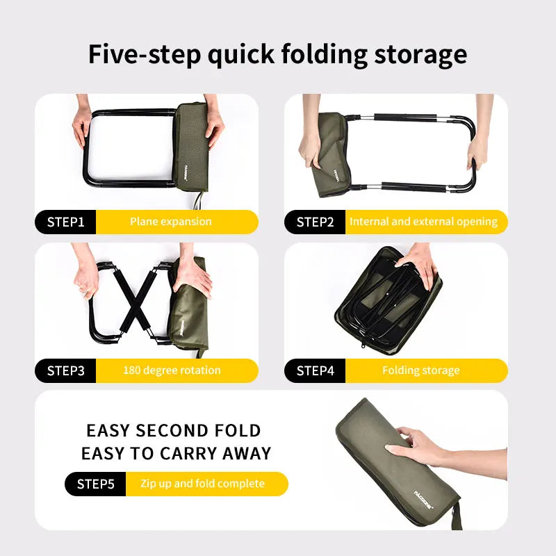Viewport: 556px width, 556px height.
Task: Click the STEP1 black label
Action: point(66,222)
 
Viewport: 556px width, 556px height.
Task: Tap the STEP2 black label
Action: point(316,222)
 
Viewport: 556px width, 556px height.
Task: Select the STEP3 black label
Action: point(66,370)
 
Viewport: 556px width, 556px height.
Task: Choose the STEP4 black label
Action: point(316,370)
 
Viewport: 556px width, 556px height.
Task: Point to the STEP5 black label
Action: point(96,484)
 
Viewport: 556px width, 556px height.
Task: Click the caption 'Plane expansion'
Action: point(171,222)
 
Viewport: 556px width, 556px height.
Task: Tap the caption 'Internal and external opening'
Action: point(423,222)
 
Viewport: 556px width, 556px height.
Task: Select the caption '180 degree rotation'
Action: point(172,370)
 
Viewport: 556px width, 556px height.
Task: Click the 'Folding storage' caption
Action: point(420,370)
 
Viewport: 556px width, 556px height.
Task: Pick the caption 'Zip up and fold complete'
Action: point(202,484)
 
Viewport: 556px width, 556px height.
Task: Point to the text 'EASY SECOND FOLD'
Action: point(173,431)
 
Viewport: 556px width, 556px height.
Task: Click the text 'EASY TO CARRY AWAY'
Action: point(176,455)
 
